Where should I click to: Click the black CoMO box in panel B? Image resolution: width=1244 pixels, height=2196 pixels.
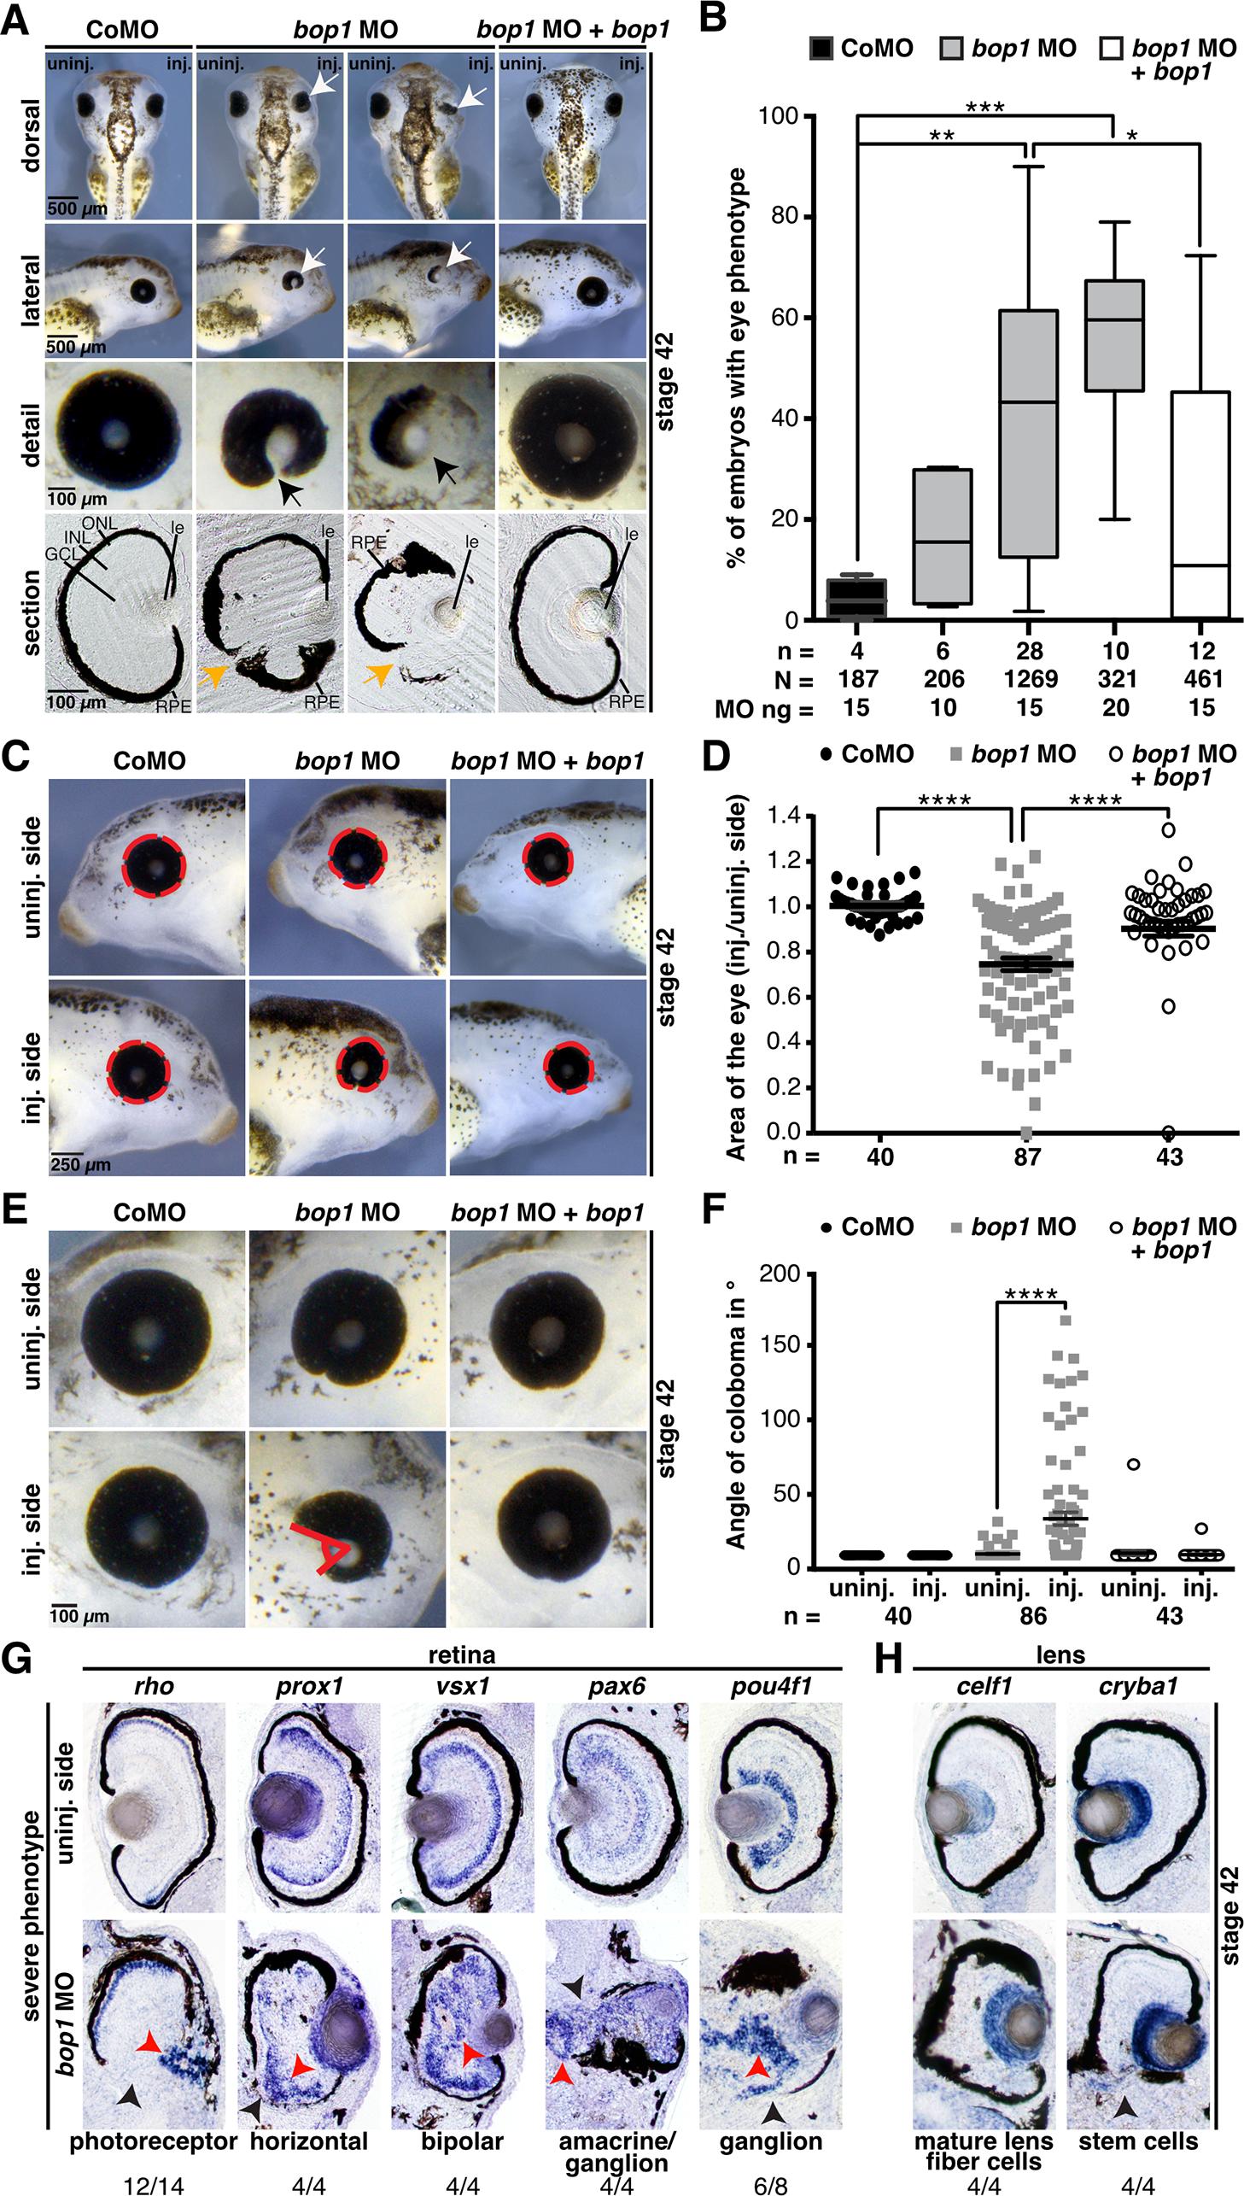[x=857, y=597]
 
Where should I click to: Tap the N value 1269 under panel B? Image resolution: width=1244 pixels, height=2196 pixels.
[x=1029, y=678]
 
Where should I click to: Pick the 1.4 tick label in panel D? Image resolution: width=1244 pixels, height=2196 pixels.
[x=784, y=816]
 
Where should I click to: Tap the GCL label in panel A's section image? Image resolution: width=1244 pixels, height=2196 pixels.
[x=63, y=577]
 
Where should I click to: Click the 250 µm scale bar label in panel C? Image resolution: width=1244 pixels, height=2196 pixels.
[x=79, y=1164]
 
